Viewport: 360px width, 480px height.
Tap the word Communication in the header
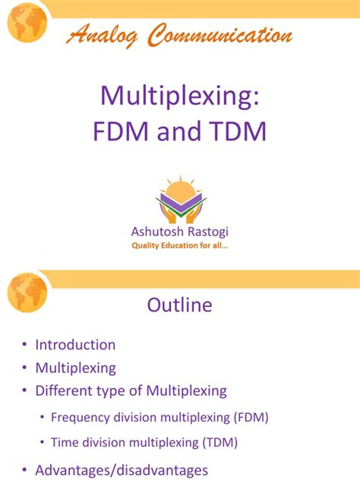point(220,34)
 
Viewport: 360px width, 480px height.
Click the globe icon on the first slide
point(27,23)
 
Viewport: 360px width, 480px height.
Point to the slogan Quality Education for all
point(180,245)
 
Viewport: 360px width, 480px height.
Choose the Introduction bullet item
point(75,344)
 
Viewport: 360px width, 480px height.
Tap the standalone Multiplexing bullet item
point(75,368)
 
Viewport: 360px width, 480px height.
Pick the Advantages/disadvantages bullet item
point(122,469)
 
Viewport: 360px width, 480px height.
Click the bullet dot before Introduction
point(24,345)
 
